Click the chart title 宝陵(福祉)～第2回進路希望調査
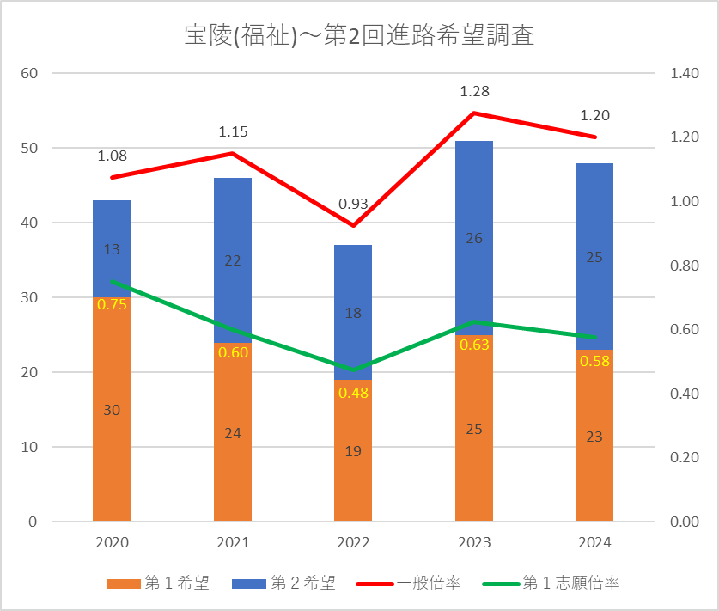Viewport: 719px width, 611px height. click(359, 36)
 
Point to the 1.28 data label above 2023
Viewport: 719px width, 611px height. click(474, 91)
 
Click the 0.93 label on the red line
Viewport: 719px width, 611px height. click(353, 204)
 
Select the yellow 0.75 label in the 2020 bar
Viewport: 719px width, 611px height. click(112, 303)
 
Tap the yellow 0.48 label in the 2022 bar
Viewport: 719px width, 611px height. click(353, 393)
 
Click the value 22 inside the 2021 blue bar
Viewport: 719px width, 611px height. click(233, 261)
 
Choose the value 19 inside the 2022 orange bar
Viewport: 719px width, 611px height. click(353, 450)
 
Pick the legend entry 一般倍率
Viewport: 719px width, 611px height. click(413, 584)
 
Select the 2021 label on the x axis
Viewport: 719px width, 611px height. click(233, 543)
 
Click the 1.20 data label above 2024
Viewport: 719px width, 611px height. click(594, 115)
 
